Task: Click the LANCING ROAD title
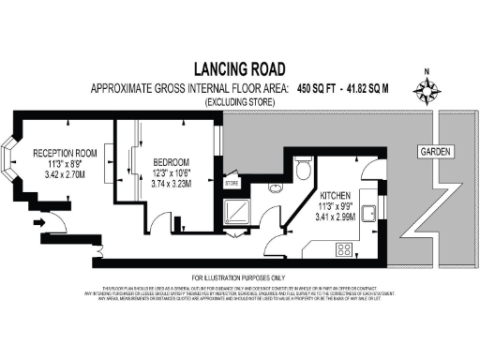click(239, 68)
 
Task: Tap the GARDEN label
click(435, 151)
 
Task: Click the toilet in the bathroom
click(302, 169)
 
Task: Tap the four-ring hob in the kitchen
click(344, 250)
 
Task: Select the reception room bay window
click(11, 162)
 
